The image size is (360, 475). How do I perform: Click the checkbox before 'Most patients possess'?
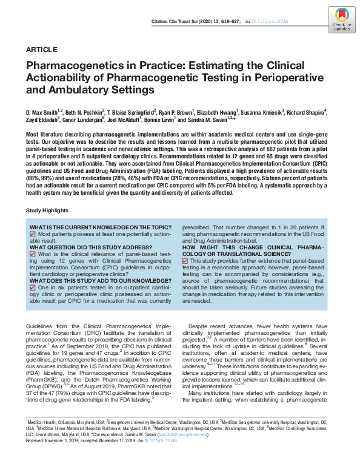coord(33,234)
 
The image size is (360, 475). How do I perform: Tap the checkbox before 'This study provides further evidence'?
coord(185,260)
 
